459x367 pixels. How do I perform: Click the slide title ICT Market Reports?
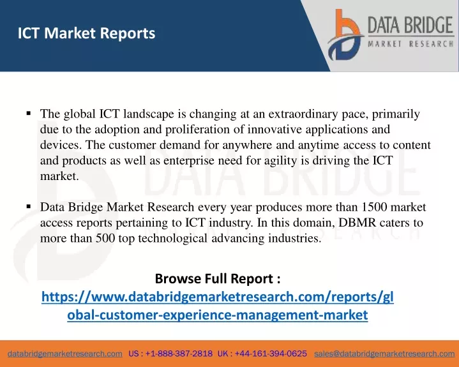[86, 33]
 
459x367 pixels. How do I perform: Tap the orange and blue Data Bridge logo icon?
[345, 35]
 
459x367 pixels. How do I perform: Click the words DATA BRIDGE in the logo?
[410, 25]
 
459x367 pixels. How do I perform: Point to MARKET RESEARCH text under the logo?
[410, 44]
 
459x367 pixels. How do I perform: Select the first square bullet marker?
[28, 113]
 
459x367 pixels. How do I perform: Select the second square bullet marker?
[28, 207]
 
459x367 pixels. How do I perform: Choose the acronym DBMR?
[357, 223]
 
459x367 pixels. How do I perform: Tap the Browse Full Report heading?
[218, 278]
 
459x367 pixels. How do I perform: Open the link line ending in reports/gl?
[218, 297]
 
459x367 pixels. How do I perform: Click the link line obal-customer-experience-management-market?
[218, 315]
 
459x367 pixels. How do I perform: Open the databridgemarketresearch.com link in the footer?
[65, 354]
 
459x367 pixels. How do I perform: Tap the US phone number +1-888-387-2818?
[179, 354]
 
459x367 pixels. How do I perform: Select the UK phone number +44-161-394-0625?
[271, 354]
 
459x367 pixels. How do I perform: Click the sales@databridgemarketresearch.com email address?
[384, 354]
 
